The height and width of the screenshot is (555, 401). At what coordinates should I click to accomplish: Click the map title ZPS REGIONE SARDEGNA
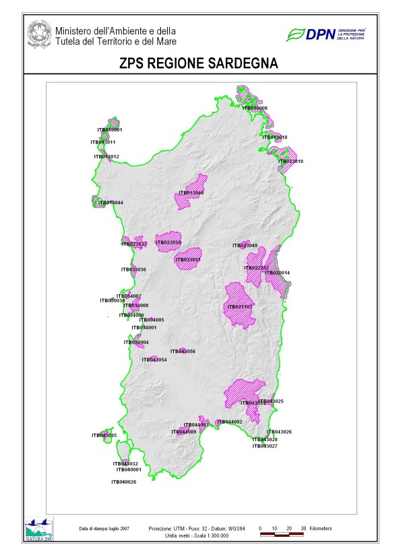coord(201,63)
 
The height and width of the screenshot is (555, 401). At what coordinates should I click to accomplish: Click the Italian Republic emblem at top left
coord(39,33)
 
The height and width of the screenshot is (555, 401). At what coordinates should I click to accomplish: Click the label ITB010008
coord(255,108)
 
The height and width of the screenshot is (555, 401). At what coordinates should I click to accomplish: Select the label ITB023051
coord(189,259)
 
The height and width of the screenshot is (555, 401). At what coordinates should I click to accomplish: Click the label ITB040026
coord(124,482)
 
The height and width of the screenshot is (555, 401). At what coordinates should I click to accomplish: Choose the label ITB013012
coord(106,156)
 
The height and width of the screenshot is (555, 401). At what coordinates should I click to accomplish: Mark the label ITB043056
coord(183,352)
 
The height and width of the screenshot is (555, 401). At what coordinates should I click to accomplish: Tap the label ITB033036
coord(134,269)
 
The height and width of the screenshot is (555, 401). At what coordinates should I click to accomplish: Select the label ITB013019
coord(290,161)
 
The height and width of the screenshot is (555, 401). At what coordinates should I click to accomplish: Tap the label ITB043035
coord(104,436)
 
